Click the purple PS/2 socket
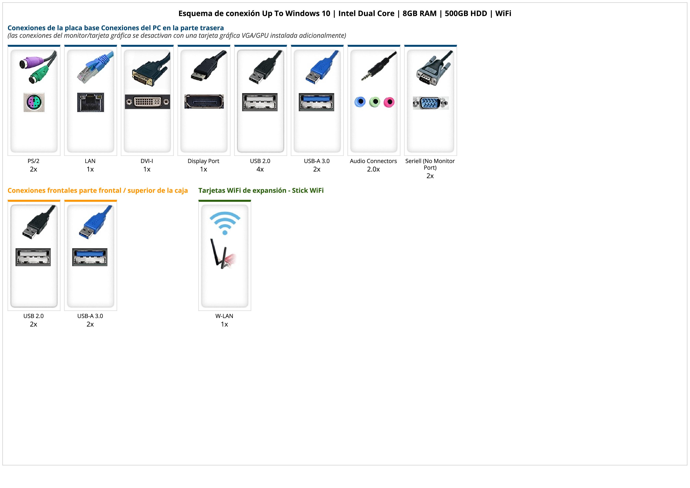pyautogui.click(x=34, y=103)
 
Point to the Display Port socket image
pyautogui.click(x=204, y=102)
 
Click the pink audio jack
pyautogui.click(x=389, y=102)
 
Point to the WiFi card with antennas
pyautogui.click(x=223, y=254)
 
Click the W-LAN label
pyautogui.click(x=224, y=316)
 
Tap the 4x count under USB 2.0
pyautogui.click(x=260, y=169)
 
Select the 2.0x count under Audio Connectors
pyautogui.click(x=373, y=169)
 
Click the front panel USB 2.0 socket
pyautogui.click(x=33, y=257)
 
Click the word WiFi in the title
pyautogui.click(x=503, y=14)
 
